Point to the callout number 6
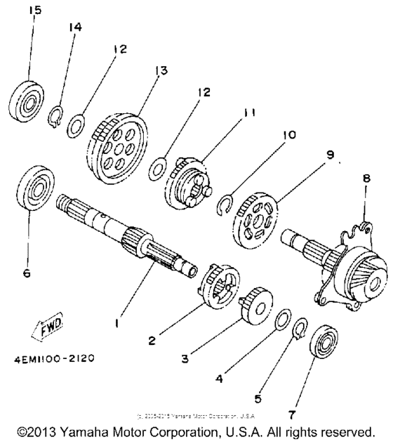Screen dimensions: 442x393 [27, 273]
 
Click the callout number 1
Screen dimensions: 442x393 [116, 325]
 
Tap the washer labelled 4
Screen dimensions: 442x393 [284, 318]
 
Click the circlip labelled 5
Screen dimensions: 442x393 [300, 328]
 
